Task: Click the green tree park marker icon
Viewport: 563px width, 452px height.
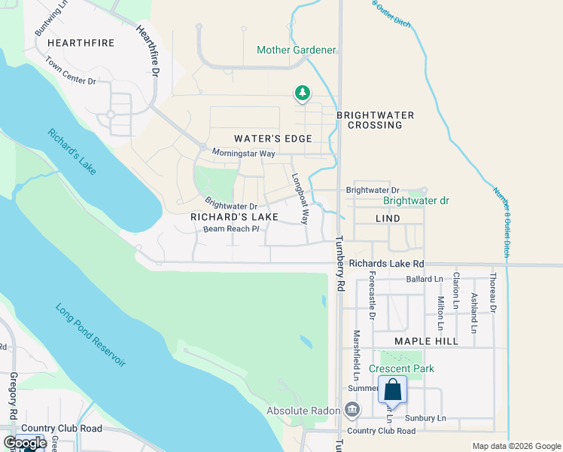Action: (302, 93)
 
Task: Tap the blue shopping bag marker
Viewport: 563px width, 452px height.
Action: (392, 390)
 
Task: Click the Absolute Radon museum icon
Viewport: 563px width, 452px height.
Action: (351, 411)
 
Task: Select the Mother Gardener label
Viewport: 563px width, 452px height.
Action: (296, 50)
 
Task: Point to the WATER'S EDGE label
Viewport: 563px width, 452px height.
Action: (272, 139)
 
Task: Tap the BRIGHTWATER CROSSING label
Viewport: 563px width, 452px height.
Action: (375, 120)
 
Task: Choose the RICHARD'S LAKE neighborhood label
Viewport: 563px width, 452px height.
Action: (234, 217)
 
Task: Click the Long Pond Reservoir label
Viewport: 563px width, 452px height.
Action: (90, 335)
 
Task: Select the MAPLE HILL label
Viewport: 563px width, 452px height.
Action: (427, 341)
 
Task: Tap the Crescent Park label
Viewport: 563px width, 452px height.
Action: (402, 369)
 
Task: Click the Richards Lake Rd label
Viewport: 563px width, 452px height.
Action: (387, 264)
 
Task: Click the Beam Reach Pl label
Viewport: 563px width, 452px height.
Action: (231, 228)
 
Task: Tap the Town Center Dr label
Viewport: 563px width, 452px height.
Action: (71, 71)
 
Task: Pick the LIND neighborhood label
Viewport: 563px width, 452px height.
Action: (388, 218)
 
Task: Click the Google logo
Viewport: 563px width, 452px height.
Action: (24, 442)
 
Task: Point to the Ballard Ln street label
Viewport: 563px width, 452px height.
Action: (424, 279)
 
